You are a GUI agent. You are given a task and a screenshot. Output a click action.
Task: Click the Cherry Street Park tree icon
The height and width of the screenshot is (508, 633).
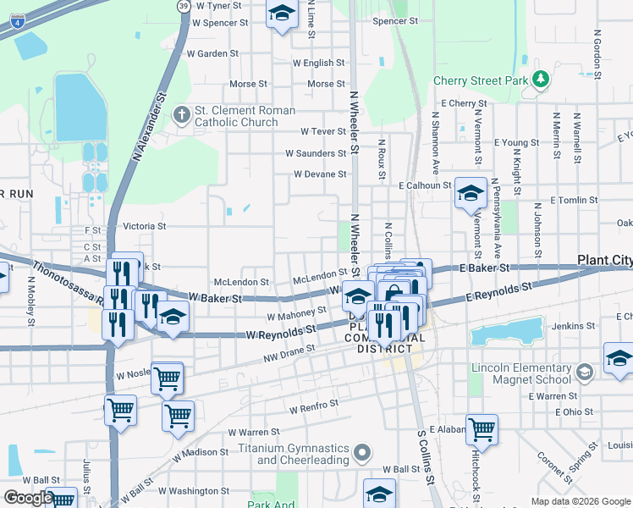[x=540, y=80]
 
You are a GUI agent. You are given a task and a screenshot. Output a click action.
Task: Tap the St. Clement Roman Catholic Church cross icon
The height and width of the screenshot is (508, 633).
[x=181, y=115]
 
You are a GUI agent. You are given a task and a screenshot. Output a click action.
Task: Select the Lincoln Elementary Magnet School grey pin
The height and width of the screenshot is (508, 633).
[x=584, y=373]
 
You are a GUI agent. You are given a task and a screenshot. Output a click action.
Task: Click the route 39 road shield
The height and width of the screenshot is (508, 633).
[x=184, y=6]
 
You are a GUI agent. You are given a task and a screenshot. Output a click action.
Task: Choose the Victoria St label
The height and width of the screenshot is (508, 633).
[x=144, y=227]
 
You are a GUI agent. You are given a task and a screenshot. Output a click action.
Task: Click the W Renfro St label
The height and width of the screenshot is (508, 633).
[x=314, y=407]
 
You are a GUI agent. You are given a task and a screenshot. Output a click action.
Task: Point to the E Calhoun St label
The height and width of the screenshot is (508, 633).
[x=425, y=185]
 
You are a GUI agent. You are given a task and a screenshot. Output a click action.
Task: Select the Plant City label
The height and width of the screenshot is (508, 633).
[x=604, y=260]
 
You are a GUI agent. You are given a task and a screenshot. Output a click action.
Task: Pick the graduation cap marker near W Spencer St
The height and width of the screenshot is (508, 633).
[x=282, y=13]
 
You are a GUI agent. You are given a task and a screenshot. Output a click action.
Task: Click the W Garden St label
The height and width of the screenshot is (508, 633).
[x=212, y=53]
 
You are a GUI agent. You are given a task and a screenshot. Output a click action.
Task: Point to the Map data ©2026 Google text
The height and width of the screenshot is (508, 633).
[x=581, y=501]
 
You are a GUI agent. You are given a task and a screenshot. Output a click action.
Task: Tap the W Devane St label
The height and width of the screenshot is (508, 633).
[x=320, y=174]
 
